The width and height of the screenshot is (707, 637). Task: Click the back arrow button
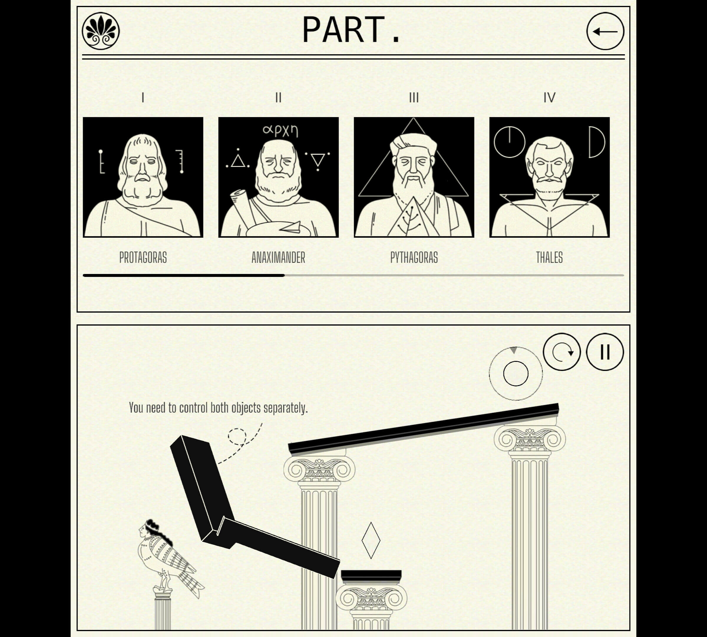tap(605, 31)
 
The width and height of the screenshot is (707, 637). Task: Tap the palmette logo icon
tap(101, 31)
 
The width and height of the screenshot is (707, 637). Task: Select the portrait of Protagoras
tap(143, 177)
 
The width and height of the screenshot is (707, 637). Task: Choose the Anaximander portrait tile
tap(278, 177)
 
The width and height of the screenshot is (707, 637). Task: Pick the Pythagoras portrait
tap(414, 177)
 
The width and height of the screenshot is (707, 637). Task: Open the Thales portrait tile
tap(549, 177)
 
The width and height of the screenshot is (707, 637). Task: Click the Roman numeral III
tap(414, 98)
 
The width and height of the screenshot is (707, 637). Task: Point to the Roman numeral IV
tap(549, 98)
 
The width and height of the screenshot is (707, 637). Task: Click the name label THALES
tap(549, 257)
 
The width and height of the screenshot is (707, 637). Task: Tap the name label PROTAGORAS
tap(143, 257)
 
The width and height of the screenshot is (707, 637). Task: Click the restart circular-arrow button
tap(561, 352)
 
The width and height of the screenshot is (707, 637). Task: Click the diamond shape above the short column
tap(371, 540)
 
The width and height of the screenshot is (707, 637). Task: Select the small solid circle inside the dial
tap(516, 373)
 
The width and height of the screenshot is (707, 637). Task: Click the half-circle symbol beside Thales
tap(597, 142)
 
